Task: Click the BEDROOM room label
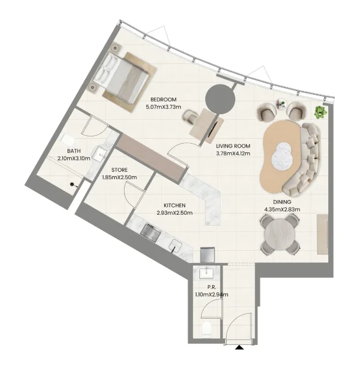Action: click(163, 100)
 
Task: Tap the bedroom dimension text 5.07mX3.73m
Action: click(163, 107)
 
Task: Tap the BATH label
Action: click(74, 151)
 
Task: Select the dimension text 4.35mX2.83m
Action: click(282, 210)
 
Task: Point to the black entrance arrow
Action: click(238, 348)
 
